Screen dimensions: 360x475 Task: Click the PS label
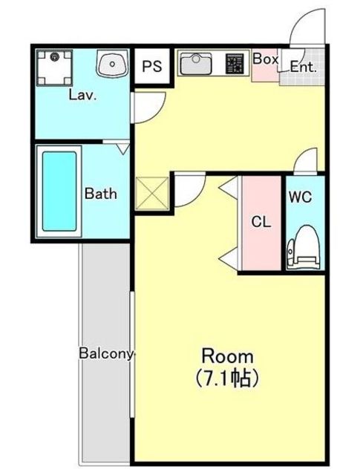pos(152,66)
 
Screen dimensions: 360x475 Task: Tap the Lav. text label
pos(82,95)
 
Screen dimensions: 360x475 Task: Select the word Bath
pos(101,194)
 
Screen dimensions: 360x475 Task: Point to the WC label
pos(300,197)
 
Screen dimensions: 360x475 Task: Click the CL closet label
pos(261,223)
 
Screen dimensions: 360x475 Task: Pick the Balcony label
pos(106,353)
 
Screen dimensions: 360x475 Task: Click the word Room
pos(228,356)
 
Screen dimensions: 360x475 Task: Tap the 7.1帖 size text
pos(227,378)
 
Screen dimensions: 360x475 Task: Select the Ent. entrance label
pos(303,67)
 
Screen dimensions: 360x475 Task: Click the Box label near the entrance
pos(265,59)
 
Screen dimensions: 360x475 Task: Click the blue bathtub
pos(59,191)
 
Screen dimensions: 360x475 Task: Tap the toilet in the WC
pos(304,247)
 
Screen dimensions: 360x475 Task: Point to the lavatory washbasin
pos(112,64)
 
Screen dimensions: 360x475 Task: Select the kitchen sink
pos(196,64)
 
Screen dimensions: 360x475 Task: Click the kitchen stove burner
pos(235,64)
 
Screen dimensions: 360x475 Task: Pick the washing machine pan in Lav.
pos(54,68)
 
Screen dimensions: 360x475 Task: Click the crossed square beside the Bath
pos(152,194)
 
